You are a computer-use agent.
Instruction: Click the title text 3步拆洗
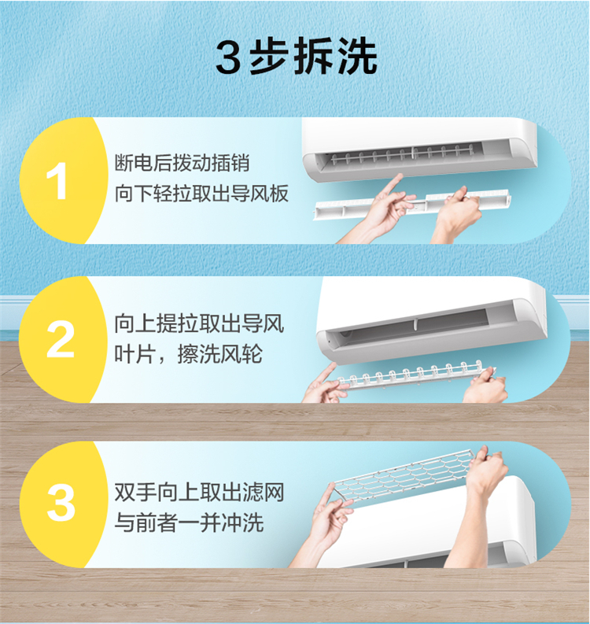click(x=297, y=56)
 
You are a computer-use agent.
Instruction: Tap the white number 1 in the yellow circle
click(x=57, y=182)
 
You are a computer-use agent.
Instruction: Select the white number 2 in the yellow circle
click(x=60, y=339)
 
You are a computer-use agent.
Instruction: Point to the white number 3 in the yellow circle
click(x=61, y=503)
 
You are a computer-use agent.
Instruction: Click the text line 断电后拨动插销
click(x=182, y=163)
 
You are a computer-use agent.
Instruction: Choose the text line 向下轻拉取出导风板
click(x=201, y=194)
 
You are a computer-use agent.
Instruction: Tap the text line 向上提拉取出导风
click(x=199, y=323)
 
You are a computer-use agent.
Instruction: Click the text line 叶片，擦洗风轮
click(x=189, y=354)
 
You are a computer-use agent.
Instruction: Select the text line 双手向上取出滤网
click(x=199, y=493)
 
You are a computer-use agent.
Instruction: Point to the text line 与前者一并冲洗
click(x=189, y=522)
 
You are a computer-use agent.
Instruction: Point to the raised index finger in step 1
click(x=394, y=184)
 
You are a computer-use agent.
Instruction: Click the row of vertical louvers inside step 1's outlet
click(x=402, y=154)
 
